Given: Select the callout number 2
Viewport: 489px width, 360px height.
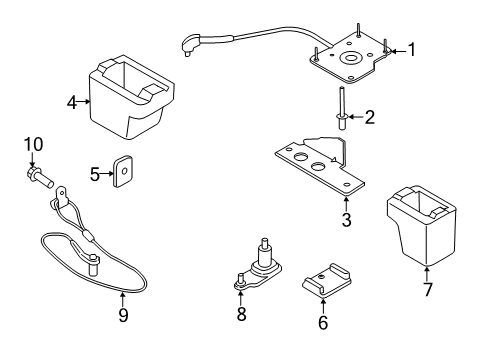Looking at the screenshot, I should [369, 119].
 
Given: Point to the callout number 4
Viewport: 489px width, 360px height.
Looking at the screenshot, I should [71, 100].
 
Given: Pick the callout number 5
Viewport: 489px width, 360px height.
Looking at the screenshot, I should [95, 174].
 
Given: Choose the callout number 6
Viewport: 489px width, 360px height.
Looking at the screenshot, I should [322, 322].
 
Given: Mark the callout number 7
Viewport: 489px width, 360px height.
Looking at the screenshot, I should [427, 290].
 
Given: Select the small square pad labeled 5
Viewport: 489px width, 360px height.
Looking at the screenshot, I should [124, 172].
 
